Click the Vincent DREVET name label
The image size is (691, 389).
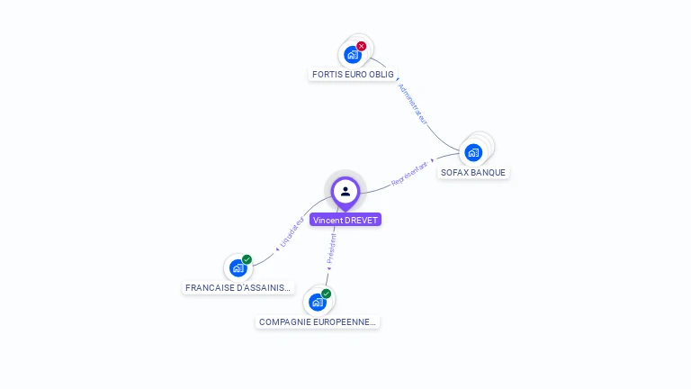pos(345,220)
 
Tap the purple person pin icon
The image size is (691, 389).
pos(345,191)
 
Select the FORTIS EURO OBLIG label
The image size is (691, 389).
pos(353,74)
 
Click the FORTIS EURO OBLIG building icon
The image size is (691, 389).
pos(353,54)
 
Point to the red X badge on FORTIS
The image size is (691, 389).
pos(362,46)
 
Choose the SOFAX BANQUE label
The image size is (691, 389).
pos(473,172)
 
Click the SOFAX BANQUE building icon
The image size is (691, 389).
pos(473,152)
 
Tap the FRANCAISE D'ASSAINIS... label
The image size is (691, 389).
pos(238,288)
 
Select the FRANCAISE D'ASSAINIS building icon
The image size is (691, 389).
pos(238,267)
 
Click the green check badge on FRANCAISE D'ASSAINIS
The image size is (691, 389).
pos(247,259)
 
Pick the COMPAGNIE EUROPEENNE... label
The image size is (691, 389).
pos(318,321)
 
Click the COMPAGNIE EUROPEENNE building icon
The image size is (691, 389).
pos(317,302)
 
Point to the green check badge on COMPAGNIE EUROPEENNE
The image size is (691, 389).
pos(326,294)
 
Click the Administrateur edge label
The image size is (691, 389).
pos(412,104)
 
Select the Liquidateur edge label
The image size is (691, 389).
pos(292,232)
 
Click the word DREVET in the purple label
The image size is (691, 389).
pos(362,220)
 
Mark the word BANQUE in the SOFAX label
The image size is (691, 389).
pos(489,172)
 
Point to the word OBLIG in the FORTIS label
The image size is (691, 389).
pos(381,74)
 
